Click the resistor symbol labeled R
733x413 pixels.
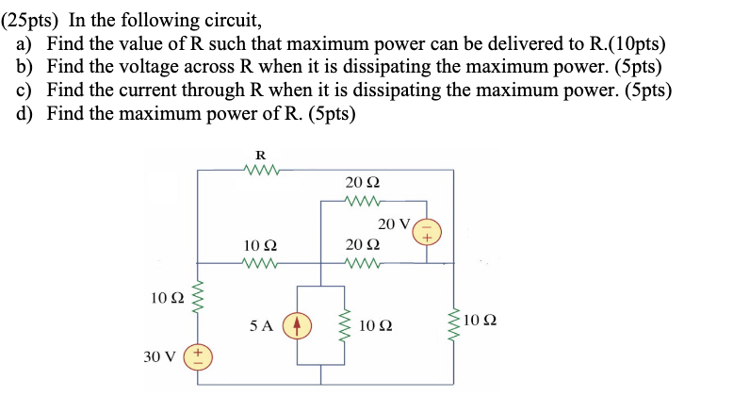(x=261, y=171)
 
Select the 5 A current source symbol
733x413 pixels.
(x=298, y=325)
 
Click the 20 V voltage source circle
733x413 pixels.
(x=426, y=231)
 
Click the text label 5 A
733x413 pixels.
(x=262, y=325)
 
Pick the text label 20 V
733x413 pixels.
(x=395, y=223)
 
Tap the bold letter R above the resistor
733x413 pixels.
(x=261, y=155)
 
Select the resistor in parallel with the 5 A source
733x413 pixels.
(x=345, y=325)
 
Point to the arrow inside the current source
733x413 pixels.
(x=298, y=325)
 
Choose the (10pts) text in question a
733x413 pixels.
(x=630, y=43)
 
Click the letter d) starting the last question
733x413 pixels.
(x=25, y=114)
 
